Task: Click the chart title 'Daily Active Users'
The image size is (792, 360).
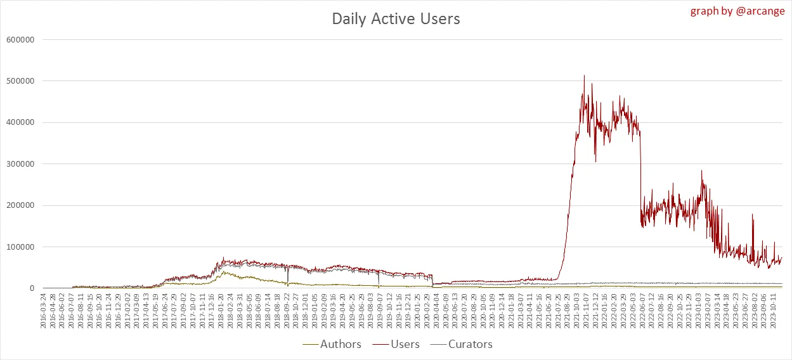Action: tap(396, 19)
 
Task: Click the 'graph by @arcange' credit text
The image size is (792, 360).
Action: tap(737, 11)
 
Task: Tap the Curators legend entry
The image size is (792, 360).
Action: tap(470, 344)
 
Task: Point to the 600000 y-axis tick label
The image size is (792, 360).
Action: tap(20, 40)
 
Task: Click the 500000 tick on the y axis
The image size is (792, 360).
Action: tap(20, 81)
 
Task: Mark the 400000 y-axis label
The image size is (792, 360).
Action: tap(20, 122)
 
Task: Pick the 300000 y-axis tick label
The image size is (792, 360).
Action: tap(20, 164)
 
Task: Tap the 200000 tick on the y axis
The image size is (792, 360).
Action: tap(20, 205)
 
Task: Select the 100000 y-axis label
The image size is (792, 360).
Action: tap(20, 247)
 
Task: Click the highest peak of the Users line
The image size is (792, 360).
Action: tap(584, 76)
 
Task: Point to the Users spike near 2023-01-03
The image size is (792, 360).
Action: tap(701, 170)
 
